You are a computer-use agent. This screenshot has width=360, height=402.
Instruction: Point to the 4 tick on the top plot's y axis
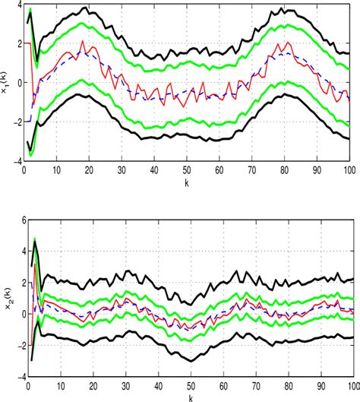pyautogui.click(x=17, y=5)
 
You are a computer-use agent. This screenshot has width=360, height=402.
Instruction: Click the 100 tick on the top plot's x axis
pyautogui.click(x=350, y=170)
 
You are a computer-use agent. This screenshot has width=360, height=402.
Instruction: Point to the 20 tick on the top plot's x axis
pyautogui.click(x=90, y=170)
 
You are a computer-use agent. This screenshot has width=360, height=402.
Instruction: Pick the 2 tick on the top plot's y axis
pyautogui.click(x=17, y=43)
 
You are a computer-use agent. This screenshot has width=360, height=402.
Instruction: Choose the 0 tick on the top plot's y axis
pyautogui.click(x=17, y=83)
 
